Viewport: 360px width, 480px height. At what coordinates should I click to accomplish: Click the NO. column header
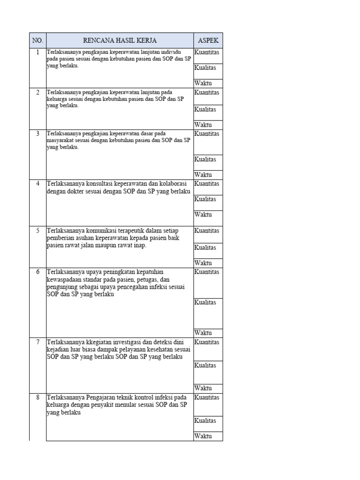coord(37,40)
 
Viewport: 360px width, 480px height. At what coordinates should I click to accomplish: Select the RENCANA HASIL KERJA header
coord(120,40)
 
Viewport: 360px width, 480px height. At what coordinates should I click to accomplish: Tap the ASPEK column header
coord(208,40)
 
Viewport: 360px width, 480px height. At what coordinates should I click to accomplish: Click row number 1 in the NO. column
coord(37,52)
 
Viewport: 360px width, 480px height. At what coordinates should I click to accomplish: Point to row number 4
coord(37,183)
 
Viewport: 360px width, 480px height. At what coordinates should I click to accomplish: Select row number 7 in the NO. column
coord(37,342)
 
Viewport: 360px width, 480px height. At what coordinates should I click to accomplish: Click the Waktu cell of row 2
coord(203,125)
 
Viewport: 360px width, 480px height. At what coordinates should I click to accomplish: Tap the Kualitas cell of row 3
coord(205,159)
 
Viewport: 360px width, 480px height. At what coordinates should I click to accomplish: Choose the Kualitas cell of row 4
coord(205,199)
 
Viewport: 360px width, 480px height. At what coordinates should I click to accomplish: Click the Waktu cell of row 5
coord(203,263)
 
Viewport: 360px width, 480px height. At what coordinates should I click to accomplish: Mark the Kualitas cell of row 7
coord(205,365)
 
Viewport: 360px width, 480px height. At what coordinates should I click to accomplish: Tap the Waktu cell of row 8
coord(203,436)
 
